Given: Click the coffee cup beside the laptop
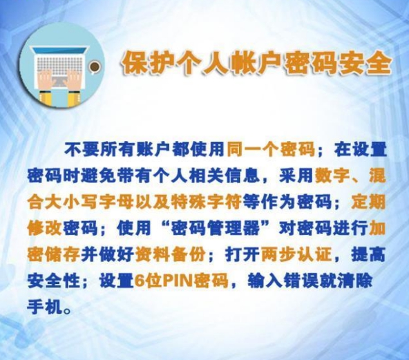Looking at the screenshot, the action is [94, 67].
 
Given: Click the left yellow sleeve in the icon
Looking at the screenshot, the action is [46, 98].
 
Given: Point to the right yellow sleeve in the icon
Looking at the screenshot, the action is [74, 99].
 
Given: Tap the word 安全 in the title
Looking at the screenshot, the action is [365, 64].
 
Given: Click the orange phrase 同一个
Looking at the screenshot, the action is [252, 149].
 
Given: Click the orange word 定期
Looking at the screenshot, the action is [368, 202].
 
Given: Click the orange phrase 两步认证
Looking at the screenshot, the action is [296, 254].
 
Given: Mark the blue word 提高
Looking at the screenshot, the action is [368, 254].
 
